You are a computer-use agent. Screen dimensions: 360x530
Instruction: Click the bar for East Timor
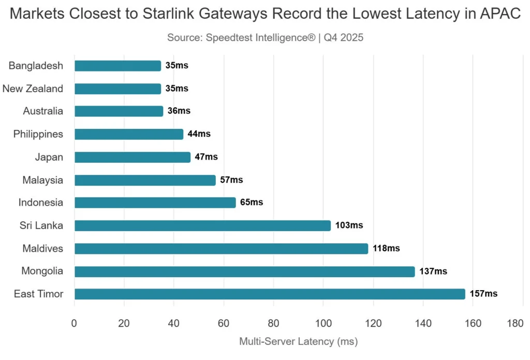tap(270, 294)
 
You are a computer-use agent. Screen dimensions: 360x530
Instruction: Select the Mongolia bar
tap(244, 271)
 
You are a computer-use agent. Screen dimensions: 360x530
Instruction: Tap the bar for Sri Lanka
tap(202, 226)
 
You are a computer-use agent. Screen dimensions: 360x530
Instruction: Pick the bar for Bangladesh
tap(117, 66)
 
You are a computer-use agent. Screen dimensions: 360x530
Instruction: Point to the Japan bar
tap(132, 157)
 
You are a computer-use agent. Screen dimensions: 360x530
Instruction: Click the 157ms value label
tap(483, 294)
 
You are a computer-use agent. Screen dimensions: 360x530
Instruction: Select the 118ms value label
tap(386, 249)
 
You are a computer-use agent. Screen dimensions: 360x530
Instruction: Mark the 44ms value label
tap(199, 134)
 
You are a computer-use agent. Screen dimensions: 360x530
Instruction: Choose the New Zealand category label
tap(33, 89)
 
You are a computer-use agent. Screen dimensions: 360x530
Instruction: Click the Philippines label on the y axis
tap(38, 134)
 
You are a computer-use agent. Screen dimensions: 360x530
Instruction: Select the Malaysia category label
tap(42, 180)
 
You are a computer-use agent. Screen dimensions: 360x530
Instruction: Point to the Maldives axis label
tap(42, 249)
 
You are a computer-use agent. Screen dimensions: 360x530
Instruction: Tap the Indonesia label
tap(40, 203)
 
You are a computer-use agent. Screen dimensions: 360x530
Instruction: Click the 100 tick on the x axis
tap(323, 324)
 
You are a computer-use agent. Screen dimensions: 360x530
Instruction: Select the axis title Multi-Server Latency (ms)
tap(298, 342)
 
